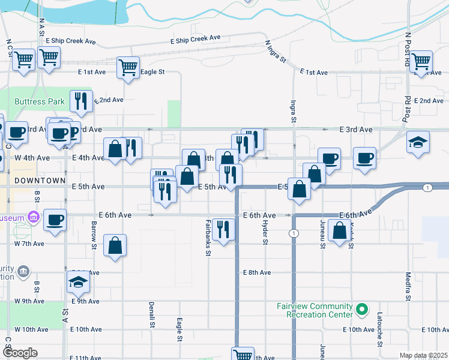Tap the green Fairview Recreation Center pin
pyautogui.click(x=361, y=310)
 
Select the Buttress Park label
pyautogui.click(x=40, y=101)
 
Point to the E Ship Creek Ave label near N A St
pyautogui.click(x=70, y=41)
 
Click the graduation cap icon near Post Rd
pyautogui.click(x=418, y=142)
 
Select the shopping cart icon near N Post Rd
pyautogui.click(x=421, y=60)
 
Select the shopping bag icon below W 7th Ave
pyautogui.click(x=115, y=245)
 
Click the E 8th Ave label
pyautogui.click(x=258, y=272)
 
